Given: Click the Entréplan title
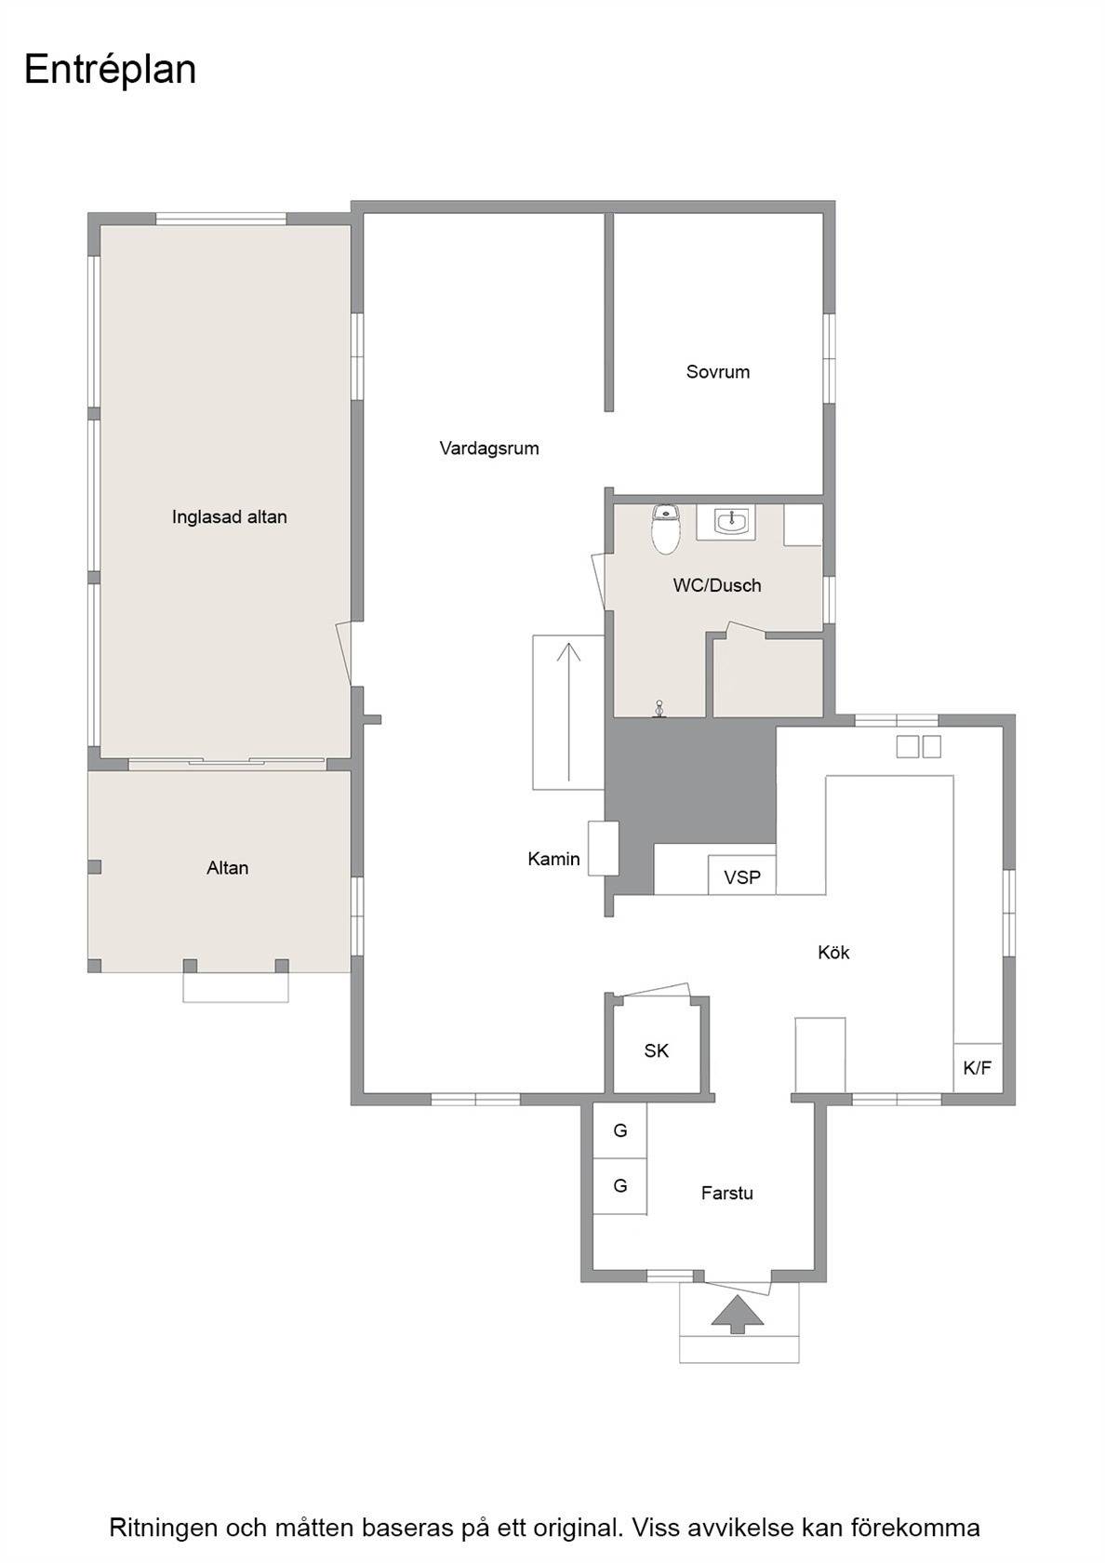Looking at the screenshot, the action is (x=110, y=71).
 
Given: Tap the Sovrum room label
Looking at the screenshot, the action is (x=718, y=372).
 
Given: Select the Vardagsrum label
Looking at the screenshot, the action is (x=489, y=448).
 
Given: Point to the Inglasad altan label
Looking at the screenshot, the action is (x=230, y=517).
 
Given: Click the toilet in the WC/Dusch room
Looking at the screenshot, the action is (x=666, y=529).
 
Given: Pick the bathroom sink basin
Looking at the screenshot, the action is (x=731, y=521).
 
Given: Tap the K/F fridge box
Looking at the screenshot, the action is (x=979, y=1067).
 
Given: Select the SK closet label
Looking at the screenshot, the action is (x=657, y=1051).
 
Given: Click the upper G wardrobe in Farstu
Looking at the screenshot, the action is (x=620, y=1129).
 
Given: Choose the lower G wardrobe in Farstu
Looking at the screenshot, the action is (x=620, y=1185).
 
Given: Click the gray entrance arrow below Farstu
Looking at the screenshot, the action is (x=739, y=1315).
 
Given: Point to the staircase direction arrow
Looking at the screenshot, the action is (x=568, y=711).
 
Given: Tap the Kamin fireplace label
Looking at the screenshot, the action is (x=554, y=859).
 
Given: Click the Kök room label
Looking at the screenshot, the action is (x=833, y=953).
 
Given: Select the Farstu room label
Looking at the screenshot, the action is (x=727, y=1193).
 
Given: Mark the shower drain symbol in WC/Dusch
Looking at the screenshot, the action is (x=659, y=709).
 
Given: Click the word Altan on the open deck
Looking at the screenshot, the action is (x=227, y=868).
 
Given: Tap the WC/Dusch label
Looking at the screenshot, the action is (x=717, y=585).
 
